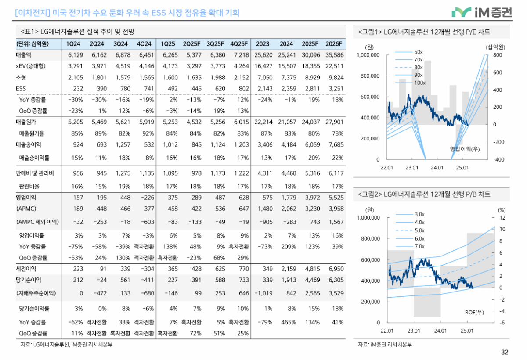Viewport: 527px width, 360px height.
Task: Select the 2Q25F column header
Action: coord(191,44)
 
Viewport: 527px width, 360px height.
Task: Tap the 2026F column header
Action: coord(334,44)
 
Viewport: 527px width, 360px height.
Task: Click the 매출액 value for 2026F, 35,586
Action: coord(334,55)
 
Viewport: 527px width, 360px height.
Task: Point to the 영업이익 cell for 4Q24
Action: coord(145,198)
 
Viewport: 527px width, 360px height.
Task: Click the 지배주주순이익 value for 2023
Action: coord(262,293)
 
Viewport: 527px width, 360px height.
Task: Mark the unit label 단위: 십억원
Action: coord(32,44)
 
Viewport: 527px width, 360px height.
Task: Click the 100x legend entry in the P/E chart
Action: coord(419,83)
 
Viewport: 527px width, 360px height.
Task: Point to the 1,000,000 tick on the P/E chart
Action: coord(368,55)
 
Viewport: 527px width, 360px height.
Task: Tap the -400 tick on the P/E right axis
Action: coord(498,159)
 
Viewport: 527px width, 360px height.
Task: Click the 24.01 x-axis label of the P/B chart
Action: coord(440,330)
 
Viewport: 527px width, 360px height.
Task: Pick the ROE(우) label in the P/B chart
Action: coord(474,312)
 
